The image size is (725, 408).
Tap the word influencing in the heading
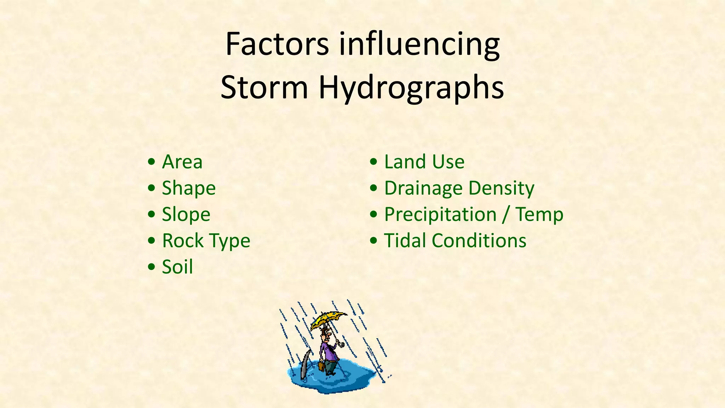[419, 45]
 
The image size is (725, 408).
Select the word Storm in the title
[264, 87]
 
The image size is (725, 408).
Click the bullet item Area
[182, 162]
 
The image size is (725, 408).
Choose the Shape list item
[189, 188]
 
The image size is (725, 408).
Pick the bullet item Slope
[186, 215]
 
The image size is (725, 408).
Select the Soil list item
[177, 267]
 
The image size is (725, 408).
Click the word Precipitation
[440, 215]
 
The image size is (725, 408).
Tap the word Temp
[539, 215]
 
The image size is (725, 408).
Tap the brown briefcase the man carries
[321, 366]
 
